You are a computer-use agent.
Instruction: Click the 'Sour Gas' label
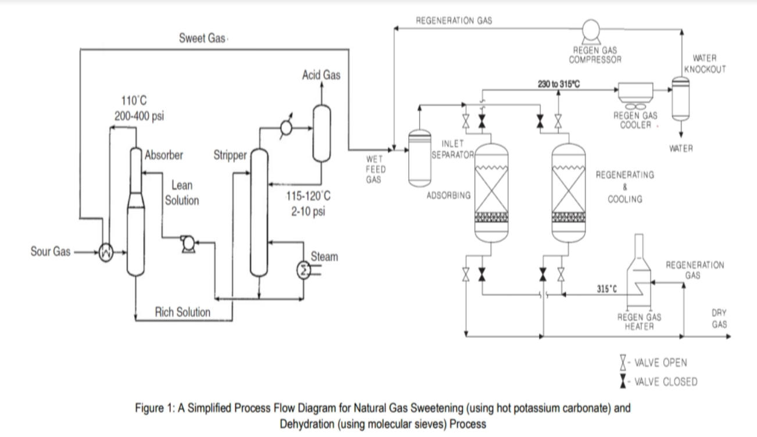tap(50, 252)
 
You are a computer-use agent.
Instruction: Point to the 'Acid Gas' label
tap(321, 75)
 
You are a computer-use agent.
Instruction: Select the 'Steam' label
tap(324, 256)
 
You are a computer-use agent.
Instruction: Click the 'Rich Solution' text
tap(183, 312)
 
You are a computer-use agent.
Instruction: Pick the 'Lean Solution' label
tap(182, 193)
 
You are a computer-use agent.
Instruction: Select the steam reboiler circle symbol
tap(303, 269)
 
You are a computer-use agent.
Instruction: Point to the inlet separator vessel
tap(420, 157)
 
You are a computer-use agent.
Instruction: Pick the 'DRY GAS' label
tap(719, 318)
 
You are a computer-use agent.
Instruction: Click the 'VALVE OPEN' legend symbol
tap(623, 363)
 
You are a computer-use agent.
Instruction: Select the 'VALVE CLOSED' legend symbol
tap(623, 381)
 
